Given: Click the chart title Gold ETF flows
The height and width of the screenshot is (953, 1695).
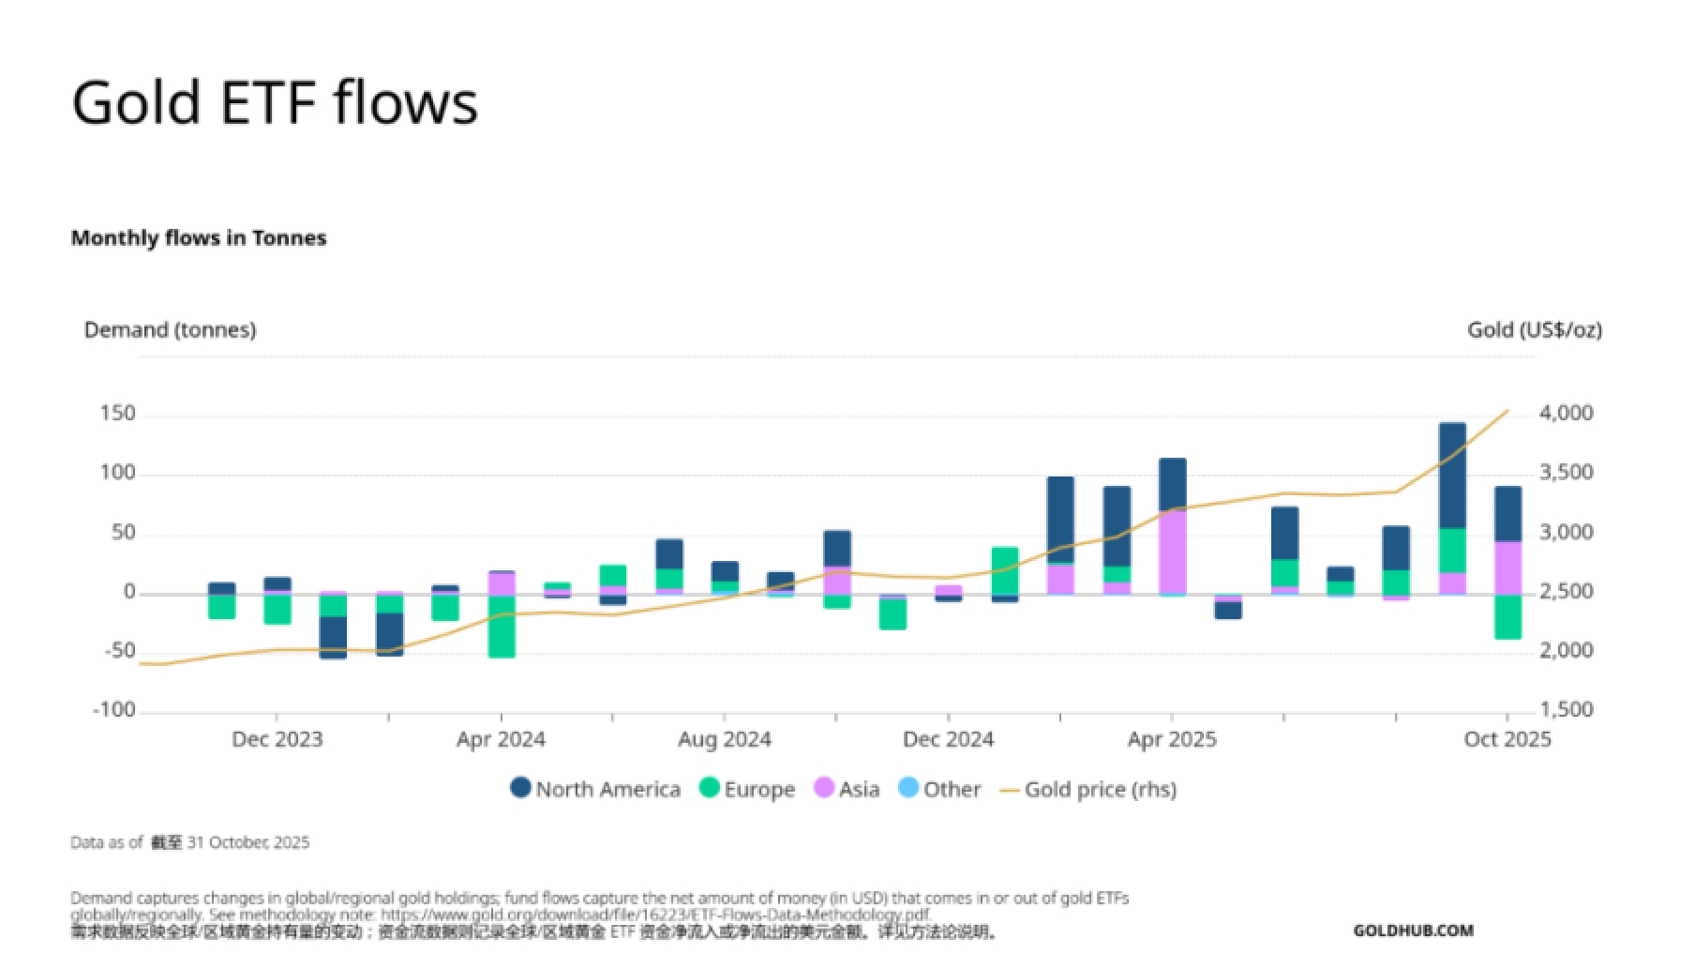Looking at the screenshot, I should [275, 102].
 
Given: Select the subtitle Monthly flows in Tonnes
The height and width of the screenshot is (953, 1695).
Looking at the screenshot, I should [199, 238].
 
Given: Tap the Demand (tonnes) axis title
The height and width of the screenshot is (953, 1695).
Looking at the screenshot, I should [170, 330].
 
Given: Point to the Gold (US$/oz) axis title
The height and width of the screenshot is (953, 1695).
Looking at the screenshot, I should [1534, 330].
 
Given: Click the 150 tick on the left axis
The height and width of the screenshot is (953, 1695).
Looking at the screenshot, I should [118, 414].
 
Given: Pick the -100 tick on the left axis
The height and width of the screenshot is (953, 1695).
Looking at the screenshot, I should [114, 710].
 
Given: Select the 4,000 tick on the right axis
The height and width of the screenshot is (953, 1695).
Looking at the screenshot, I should [1566, 414].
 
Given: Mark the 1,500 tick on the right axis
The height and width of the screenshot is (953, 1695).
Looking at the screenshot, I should [1566, 710].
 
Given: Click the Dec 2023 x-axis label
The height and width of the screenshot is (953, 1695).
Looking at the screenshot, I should [277, 739].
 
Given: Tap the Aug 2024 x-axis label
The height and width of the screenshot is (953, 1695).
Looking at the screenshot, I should [724, 739].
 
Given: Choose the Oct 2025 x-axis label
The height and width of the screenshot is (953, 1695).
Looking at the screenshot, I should [1507, 739].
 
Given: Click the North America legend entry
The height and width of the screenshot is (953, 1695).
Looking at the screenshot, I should [595, 789].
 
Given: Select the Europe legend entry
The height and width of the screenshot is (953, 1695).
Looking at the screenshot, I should [747, 789].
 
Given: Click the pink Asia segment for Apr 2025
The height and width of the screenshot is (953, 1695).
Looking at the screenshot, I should [1172, 552].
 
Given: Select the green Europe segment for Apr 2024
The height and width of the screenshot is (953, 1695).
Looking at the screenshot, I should [502, 626].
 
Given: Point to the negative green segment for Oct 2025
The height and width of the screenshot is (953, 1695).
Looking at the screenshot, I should [1507, 617].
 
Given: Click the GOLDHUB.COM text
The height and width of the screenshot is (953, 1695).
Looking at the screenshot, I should [1413, 930].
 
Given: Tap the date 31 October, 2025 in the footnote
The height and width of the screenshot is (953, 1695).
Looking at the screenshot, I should [247, 842].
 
